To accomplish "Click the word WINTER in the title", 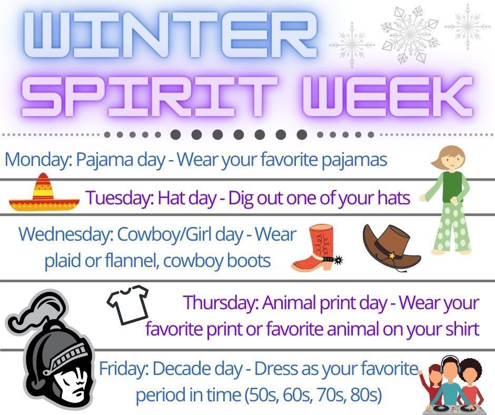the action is coord(171,35).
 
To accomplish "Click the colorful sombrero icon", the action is coord(44,192).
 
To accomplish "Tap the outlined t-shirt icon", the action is coord(128,304).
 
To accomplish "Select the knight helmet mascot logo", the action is coord(51,349).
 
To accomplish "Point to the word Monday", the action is coord(38,160).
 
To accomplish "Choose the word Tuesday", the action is coord(120,198).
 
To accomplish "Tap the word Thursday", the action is coord(221,302).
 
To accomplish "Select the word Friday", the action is coord(123,368).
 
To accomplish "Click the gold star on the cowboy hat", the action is coord(392,255).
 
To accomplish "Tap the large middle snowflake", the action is coord(410,34).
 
